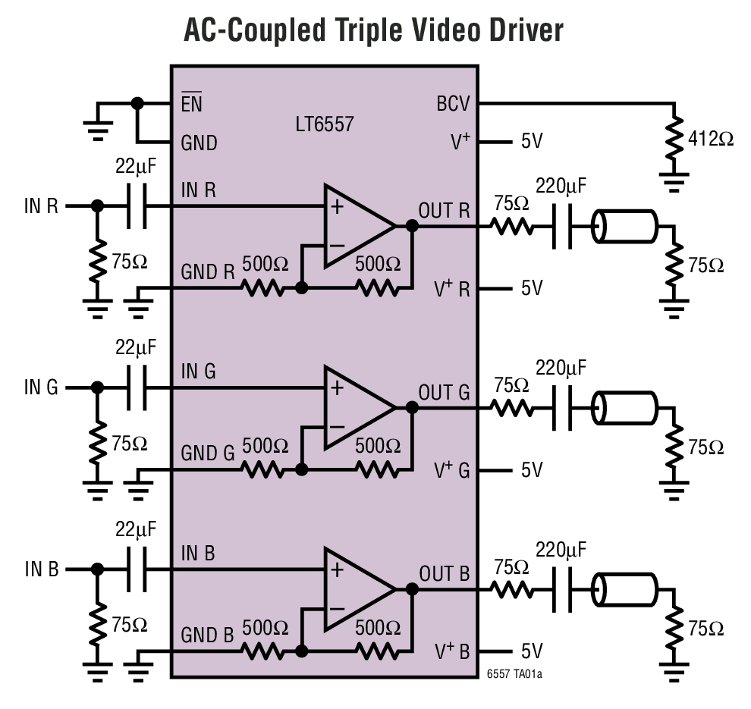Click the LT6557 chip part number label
(x=325, y=124)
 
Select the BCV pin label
(x=454, y=103)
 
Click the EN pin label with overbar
(x=192, y=104)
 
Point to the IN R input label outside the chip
(x=41, y=205)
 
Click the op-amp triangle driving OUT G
(x=357, y=407)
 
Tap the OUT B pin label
(x=444, y=573)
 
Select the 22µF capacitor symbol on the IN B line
(x=136, y=569)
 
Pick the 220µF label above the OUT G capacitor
(x=561, y=369)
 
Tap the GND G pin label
(x=207, y=453)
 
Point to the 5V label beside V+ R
(x=532, y=289)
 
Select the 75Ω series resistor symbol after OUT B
(x=511, y=588)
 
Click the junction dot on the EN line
(x=137, y=103)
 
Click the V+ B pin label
(x=452, y=651)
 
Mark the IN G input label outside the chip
(x=41, y=387)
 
